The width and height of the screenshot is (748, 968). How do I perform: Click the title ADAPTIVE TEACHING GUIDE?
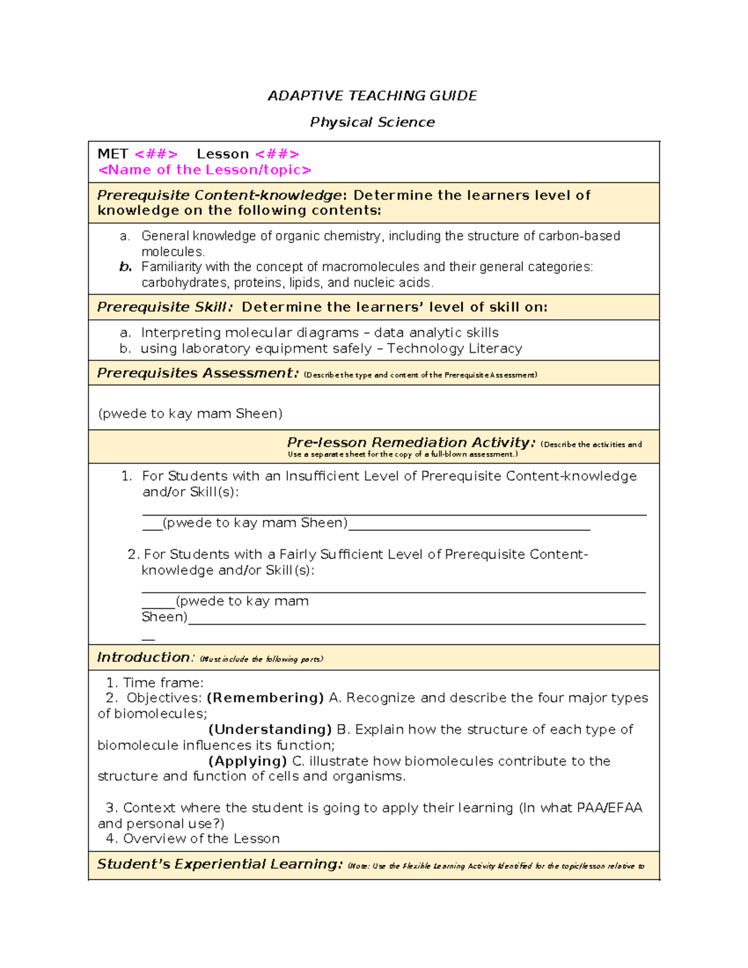(x=372, y=96)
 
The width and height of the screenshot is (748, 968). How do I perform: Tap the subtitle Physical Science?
(x=372, y=122)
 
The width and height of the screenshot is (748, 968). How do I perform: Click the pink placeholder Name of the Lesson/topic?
(x=204, y=170)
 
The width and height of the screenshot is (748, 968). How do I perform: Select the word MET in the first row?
(x=113, y=154)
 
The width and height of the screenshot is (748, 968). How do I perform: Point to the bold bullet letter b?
(x=125, y=267)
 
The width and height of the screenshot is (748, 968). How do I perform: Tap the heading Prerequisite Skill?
(x=165, y=307)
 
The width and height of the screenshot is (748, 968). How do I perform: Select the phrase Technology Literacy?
(x=454, y=348)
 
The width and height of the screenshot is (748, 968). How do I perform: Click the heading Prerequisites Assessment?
(x=198, y=373)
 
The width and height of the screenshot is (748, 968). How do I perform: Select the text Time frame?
(x=163, y=683)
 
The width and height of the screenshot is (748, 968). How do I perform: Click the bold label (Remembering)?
(x=265, y=698)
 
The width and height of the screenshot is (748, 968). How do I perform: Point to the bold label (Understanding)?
(x=270, y=730)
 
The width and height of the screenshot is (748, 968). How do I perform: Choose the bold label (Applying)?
(x=247, y=761)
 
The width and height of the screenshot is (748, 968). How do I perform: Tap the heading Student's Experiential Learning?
(x=219, y=865)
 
